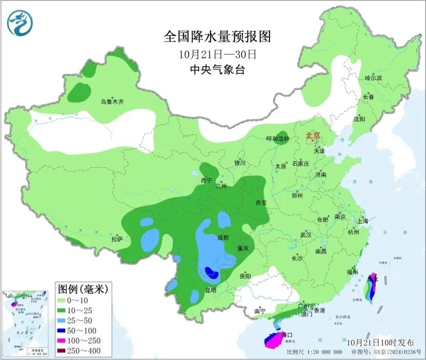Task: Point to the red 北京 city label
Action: (x=312, y=136)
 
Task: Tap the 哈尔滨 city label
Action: (x=373, y=78)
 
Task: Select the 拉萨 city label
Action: (x=117, y=238)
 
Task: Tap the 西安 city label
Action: (x=261, y=203)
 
